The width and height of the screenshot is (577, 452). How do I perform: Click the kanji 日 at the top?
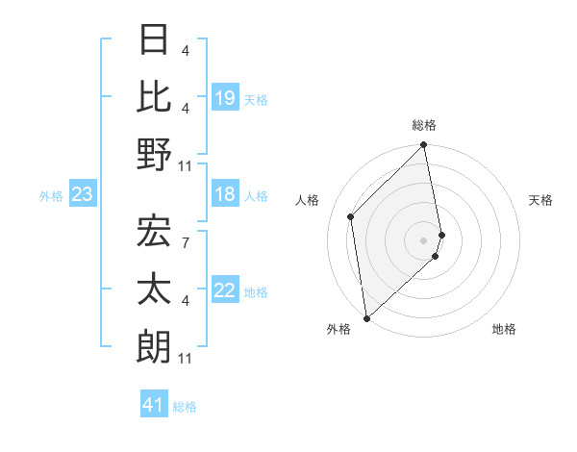(x=155, y=39)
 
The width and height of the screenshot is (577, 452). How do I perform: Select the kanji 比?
(x=155, y=96)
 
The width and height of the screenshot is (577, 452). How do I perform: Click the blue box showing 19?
(x=225, y=98)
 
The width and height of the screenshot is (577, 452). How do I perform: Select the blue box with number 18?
(x=225, y=195)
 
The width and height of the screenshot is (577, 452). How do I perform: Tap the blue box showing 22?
(x=225, y=291)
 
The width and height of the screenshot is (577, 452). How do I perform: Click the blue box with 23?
(x=83, y=195)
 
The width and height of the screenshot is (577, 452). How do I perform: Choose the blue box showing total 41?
(x=155, y=405)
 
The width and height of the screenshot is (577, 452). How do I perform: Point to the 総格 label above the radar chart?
(x=424, y=125)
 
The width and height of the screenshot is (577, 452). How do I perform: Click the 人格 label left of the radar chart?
(x=308, y=200)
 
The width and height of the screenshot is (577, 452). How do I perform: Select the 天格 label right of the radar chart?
(x=541, y=200)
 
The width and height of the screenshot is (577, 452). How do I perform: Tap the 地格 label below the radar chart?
(x=504, y=329)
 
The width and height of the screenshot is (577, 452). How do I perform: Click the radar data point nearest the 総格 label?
(x=424, y=146)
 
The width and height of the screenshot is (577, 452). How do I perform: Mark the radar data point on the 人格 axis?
(x=351, y=216)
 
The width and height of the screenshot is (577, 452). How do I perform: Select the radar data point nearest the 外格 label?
(x=366, y=318)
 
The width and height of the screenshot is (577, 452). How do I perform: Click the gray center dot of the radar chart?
(x=424, y=240)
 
